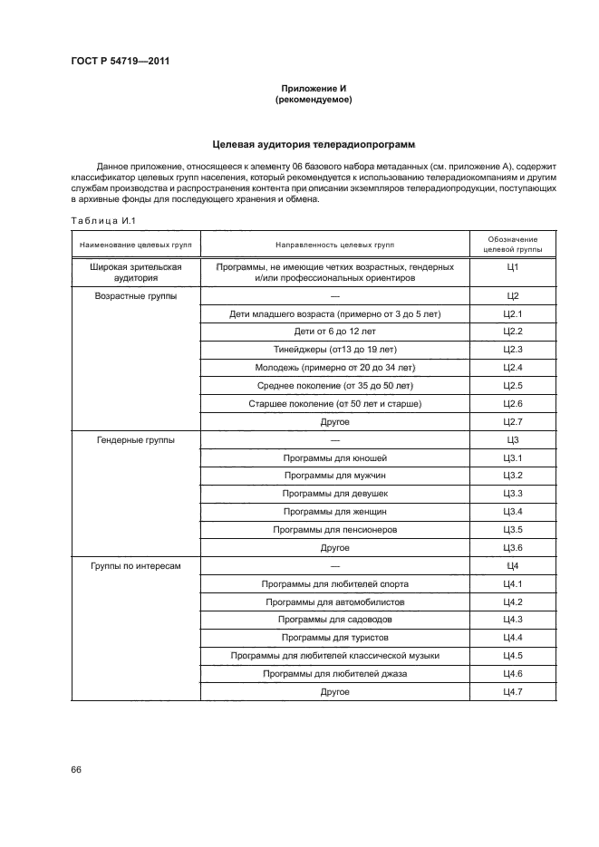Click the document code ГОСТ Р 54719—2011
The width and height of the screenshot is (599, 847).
tap(121, 61)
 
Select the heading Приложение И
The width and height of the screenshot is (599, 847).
tap(312, 88)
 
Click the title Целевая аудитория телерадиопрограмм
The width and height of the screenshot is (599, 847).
tap(313, 143)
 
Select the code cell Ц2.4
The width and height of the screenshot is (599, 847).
tap(512, 368)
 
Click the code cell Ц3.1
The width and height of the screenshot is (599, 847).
tap(512, 457)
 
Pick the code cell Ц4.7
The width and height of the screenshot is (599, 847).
tap(512, 691)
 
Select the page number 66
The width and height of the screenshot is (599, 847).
tap(76, 769)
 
